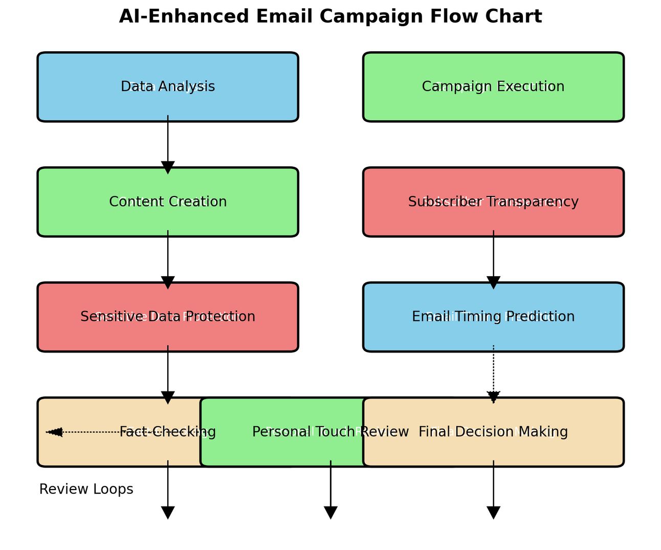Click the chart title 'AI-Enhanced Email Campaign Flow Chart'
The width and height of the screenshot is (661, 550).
click(x=330, y=17)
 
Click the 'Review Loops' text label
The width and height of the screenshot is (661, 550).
click(x=86, y=489)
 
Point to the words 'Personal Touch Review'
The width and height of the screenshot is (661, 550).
click(x=330, y=432)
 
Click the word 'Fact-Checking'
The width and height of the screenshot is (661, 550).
click(x=168, y=432)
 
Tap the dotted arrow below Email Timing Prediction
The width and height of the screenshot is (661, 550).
click(x=493, y=373)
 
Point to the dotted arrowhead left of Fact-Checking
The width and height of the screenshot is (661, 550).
click(x=55, y=432)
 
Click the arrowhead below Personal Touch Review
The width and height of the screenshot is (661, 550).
click(x=330, y=512)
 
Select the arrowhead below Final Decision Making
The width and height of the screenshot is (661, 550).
click(x=493, y=512)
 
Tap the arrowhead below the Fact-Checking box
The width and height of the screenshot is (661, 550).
click(x=168, y=512)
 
